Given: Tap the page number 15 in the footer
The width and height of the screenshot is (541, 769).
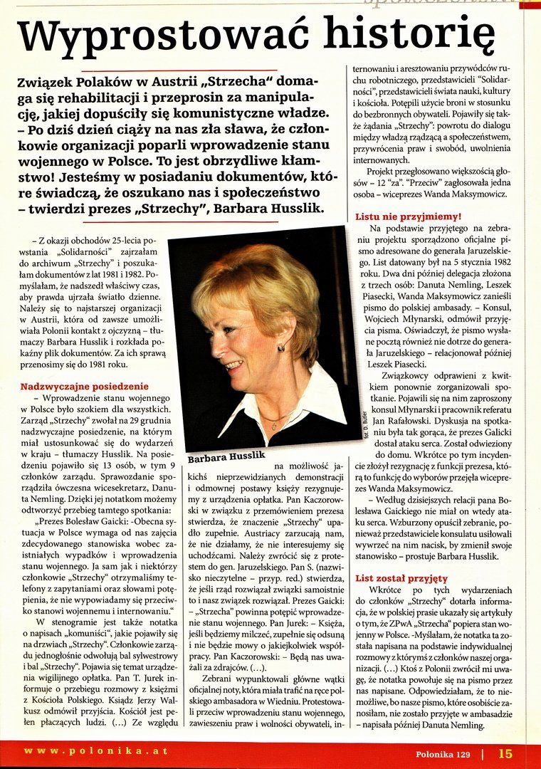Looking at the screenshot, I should coord(505,753).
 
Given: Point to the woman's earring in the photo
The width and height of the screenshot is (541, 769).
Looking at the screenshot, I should coord(282,347).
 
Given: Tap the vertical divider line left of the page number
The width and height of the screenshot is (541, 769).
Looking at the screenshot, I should coord(483,753).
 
